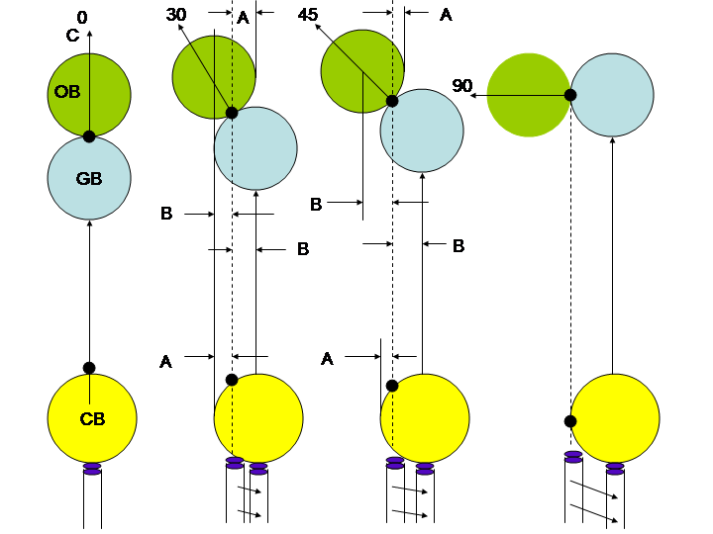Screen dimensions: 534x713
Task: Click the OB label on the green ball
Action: click(x=67, y=92)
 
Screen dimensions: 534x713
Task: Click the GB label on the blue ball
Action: click(x=89, y=179)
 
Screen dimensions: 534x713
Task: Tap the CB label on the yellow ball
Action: click(x=92, y=419)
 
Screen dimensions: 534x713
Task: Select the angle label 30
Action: click(x=176, y=15)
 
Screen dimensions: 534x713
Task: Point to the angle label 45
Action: click(x=307, y=15)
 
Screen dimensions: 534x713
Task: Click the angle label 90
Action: click(x=462, y=86)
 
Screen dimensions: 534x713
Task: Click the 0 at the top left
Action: click(x=81, y=17)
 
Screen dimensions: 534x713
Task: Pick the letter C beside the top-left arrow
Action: click(x=72, y=37)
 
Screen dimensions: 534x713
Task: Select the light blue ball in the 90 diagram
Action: click(x=612, y=95)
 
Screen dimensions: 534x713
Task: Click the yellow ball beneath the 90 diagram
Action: click(x=615, y=418)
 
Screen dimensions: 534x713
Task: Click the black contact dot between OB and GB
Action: click(x=89, y=136)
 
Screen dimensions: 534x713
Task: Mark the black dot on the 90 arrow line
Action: click(x=570, y=95)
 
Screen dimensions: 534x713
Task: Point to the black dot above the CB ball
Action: click(x=89, y=368)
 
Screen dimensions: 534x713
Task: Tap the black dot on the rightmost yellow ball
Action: click(x=570, y=421)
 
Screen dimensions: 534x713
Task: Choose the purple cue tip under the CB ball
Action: click(x=92, y=468)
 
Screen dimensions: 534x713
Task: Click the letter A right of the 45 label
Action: click(x=446, y=15)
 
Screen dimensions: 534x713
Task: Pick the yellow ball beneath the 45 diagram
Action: click(x=425, y=418)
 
